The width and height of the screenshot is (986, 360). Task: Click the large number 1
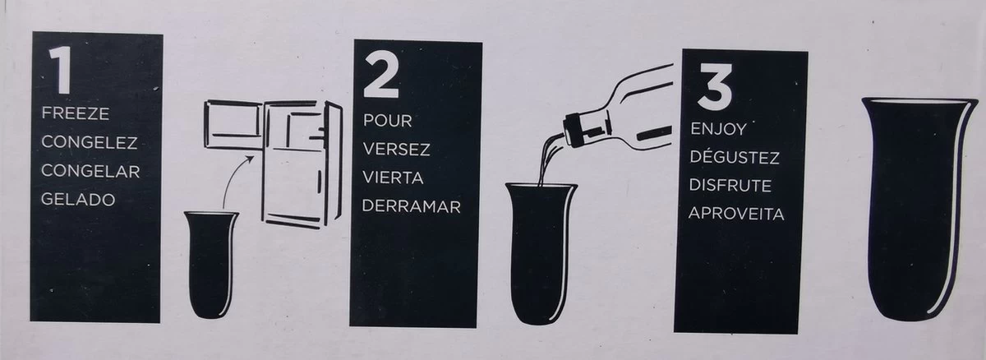62,70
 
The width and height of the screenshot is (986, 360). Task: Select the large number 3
716,86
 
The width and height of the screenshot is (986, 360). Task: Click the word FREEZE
76,113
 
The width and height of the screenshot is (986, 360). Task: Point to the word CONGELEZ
90,142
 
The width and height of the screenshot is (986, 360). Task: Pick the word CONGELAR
90,171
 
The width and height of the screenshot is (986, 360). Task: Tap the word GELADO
78,200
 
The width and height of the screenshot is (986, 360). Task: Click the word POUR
387,121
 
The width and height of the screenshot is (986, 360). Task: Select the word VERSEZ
396,150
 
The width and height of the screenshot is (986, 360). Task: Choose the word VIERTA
393,178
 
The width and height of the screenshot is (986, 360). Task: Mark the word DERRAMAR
411,206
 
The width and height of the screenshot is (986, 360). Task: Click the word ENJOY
718,129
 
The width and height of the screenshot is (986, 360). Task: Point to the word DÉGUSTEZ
735,157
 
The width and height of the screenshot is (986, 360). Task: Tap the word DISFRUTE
730,185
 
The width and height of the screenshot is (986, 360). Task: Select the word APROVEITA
736,214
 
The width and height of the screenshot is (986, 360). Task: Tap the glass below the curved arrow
211,265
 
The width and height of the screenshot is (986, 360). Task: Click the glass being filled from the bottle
541,254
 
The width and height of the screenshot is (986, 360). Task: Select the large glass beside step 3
919,209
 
